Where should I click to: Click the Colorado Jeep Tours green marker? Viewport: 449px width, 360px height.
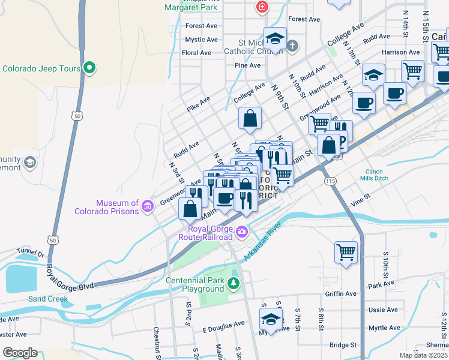tap(89, 68)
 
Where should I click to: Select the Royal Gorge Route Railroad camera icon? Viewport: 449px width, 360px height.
tap(241, 231)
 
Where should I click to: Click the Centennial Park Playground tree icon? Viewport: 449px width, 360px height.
tap(234, 283)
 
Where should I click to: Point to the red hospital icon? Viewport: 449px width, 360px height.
tap(262, 7)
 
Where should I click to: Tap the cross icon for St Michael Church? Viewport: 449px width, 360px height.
tap(292, 46)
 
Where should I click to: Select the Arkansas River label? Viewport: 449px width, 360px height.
tap(263, 244)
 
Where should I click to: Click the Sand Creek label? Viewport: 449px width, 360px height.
tap(44, 298)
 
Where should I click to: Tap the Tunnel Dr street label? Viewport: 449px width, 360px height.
tap(31, 254)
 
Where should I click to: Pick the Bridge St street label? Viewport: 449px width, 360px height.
tap(343, 345)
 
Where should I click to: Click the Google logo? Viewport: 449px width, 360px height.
tap(20, 352)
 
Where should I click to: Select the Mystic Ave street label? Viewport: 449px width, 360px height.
tap(201, 40)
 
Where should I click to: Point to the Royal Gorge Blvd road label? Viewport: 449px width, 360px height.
tap(71, 278)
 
